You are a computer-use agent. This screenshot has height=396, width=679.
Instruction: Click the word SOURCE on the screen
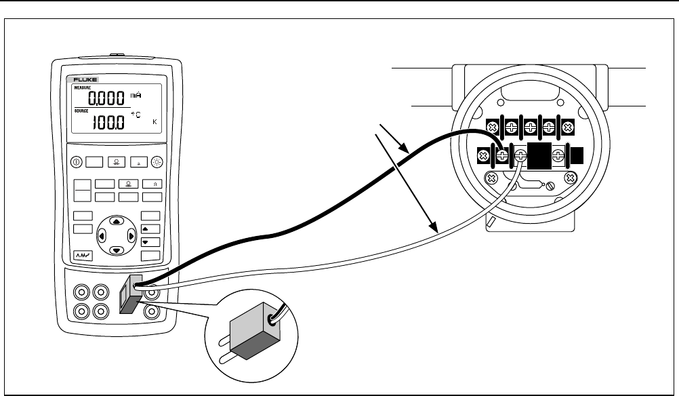[x=81, y=111]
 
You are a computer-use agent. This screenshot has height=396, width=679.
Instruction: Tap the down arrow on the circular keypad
[x=117, y=250]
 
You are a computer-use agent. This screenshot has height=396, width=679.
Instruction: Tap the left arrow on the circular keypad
[x=102, y=236]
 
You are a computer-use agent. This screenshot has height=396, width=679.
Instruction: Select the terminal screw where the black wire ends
[x=503, y=155]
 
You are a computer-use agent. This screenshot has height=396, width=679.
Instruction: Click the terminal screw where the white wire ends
[x=520, y=155]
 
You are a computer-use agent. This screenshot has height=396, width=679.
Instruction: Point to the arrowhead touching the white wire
[x=433, y=230]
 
